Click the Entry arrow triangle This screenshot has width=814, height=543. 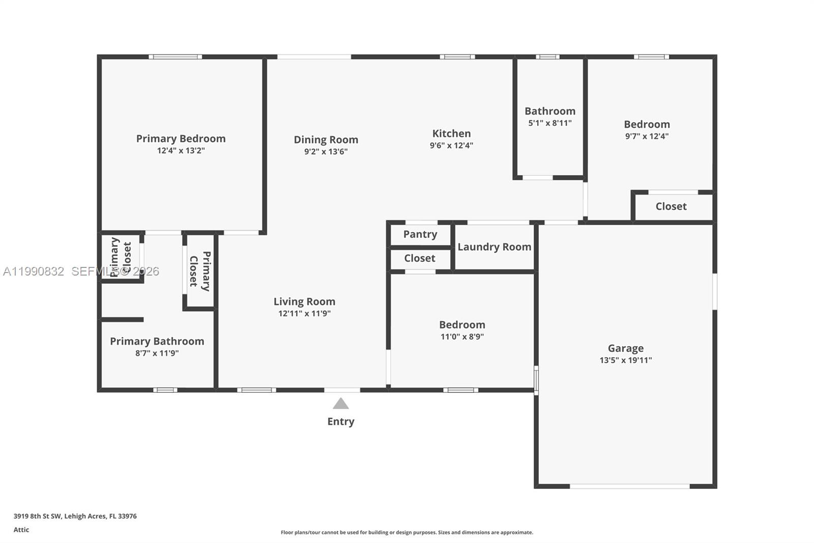click(341, 404)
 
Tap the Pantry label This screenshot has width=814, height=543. click(420, 234)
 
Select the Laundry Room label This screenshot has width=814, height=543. click(494, 247)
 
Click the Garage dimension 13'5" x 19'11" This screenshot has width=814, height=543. click(625, 360)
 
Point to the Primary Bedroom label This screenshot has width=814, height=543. click(181, 139)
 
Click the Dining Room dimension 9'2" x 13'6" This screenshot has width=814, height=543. click(326, 151)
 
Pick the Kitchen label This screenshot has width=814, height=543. click(451, 133)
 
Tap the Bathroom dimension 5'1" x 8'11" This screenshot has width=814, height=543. click(549, 123)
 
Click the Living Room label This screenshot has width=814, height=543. click(304, 302)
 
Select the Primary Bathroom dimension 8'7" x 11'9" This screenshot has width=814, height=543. click(157, 353)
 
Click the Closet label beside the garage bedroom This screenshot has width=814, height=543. click(671, 206)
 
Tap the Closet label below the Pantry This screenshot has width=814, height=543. click(420, 258)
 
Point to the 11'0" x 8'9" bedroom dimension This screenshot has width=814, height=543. click(462, 336)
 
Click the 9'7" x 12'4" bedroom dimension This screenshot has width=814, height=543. click(647, 136)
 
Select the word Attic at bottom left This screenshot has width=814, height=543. click(21, 530)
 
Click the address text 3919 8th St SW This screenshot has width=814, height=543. click(38, 516)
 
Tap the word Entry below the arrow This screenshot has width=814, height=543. click(341, 421)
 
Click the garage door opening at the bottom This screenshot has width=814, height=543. click(629, 486)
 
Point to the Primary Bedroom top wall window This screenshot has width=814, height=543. click(175, 57)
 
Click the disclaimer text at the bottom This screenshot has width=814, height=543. click(407, 532)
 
